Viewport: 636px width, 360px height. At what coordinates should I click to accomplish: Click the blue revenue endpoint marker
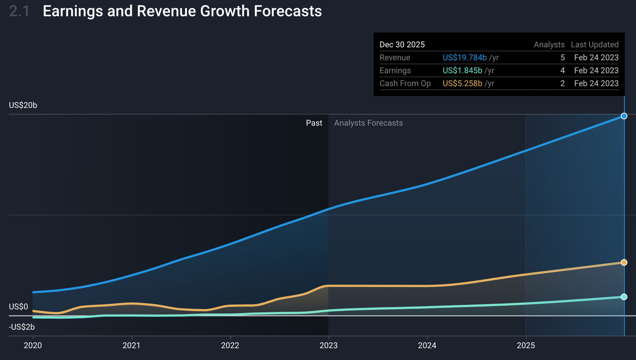click(x=624, y=116)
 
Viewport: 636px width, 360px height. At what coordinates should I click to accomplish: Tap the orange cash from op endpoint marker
click(x=624, y=262)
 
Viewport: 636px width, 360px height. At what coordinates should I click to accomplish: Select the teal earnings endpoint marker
click(x=624, y=297)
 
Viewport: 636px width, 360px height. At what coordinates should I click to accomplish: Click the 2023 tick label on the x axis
click(x=328, y=345)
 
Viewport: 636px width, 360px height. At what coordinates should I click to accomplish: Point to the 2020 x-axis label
click(x=33, y=345)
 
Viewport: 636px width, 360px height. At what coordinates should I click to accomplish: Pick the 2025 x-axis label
click(x=526, y=345)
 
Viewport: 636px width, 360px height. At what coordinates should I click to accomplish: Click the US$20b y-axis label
click(x=23, y=105)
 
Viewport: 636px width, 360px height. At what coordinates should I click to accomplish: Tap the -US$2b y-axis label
click(x=22, y=327)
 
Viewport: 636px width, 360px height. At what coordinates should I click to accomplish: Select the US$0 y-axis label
click(x=18, y=307)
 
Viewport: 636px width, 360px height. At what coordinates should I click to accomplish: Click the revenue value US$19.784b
click(x=465, y=58)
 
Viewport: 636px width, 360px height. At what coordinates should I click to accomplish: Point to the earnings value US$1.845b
click(x=462, y=71)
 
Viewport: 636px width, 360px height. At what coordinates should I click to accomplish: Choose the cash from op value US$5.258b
click(x=462, y=84)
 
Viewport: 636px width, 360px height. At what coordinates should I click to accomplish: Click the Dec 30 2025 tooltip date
click(x=402, y=45)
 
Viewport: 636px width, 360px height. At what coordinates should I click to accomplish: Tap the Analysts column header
click(x=549, y=45)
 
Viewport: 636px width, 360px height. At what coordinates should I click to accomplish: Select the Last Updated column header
click(x=595, y=45)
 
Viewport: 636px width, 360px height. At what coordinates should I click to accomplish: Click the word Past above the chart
click(x=314, y=123)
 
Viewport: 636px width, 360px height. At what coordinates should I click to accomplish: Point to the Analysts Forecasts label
click(x=368, y=123)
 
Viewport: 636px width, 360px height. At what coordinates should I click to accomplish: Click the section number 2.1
click(x=19, y=11)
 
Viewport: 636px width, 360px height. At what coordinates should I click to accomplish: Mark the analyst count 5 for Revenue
click(x=563, y=58)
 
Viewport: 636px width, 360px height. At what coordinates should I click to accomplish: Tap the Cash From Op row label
click(x=405, y=84)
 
